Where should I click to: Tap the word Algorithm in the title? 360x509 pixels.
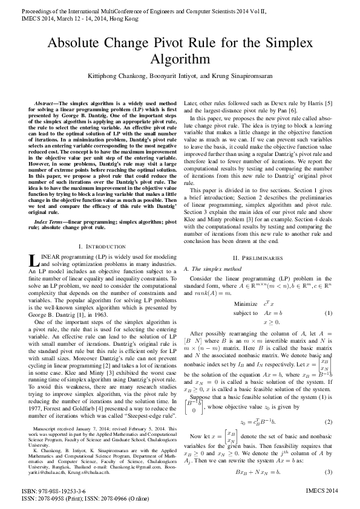180,59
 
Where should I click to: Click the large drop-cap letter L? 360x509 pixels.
33,261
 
